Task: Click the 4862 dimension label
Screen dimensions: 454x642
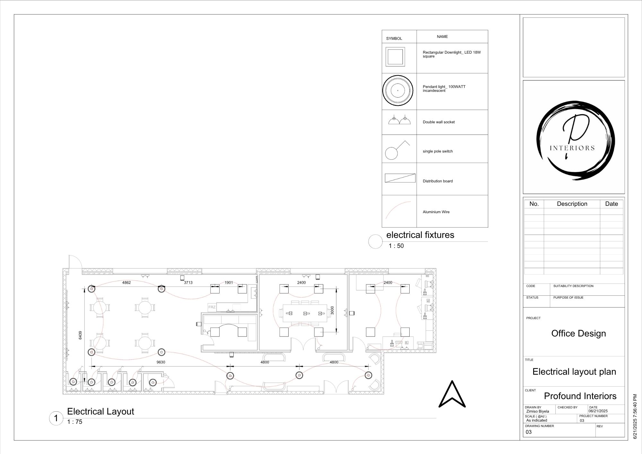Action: click(126, 283)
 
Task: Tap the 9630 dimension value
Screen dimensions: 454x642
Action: click(161, 362)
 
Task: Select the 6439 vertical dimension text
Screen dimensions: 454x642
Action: click(80, 335)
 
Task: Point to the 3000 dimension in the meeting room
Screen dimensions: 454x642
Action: click(332, 310)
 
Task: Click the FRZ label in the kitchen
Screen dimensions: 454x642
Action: click(212, 307)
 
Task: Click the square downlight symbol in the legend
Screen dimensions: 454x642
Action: click(395, 57)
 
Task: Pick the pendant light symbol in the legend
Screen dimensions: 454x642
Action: click(397, 91)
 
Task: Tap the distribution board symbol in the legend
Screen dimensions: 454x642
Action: click(400, 178)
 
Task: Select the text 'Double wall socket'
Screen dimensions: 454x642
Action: click(438, 122)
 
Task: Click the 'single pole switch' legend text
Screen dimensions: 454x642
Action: click(438, 151)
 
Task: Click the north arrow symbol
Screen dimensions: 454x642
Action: click(452, 395)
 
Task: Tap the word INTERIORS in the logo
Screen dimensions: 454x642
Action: click(572, 148)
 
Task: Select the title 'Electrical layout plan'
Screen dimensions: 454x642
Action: click(574, 372)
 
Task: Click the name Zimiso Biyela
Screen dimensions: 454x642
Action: click(538, 411)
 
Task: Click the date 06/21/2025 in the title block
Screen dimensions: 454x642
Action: click(598, 411)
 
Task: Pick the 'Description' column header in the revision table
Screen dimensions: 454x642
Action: click(572, 204)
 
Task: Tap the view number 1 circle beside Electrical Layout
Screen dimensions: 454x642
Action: click(56, 418)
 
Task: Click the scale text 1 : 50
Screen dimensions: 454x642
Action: click(396, 246)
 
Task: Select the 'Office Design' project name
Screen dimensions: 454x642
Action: click(578, 334)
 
